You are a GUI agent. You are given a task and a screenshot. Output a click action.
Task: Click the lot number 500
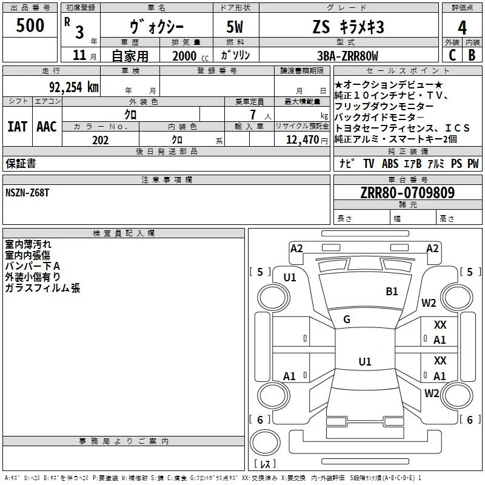(30, 26)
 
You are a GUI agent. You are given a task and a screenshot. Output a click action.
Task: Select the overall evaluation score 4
(463, 28)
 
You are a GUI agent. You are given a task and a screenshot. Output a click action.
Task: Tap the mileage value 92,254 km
(73, 87)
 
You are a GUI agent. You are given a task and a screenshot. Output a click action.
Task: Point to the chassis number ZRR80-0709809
(407, 193)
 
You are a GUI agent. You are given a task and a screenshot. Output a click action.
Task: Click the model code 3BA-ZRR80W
(347, 56)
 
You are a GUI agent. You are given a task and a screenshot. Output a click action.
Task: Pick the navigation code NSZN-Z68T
(27, 193)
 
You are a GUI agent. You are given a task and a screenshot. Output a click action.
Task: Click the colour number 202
(100, 140)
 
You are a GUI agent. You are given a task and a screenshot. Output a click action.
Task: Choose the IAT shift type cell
(17, 126)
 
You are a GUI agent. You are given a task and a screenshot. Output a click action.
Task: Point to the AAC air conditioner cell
(47, 126)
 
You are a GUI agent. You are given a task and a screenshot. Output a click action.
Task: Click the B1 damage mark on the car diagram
(392, 292)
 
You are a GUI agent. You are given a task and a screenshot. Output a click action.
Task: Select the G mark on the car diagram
(347, 319)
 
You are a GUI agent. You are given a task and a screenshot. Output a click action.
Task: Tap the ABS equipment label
(390, 164)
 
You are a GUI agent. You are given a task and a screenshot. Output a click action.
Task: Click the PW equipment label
(473, 164)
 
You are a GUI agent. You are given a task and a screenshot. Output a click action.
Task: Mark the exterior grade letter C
(452, 56)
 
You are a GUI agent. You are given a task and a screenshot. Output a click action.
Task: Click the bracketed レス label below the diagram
(266, 464)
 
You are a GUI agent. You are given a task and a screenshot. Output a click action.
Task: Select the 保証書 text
(21, 164)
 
